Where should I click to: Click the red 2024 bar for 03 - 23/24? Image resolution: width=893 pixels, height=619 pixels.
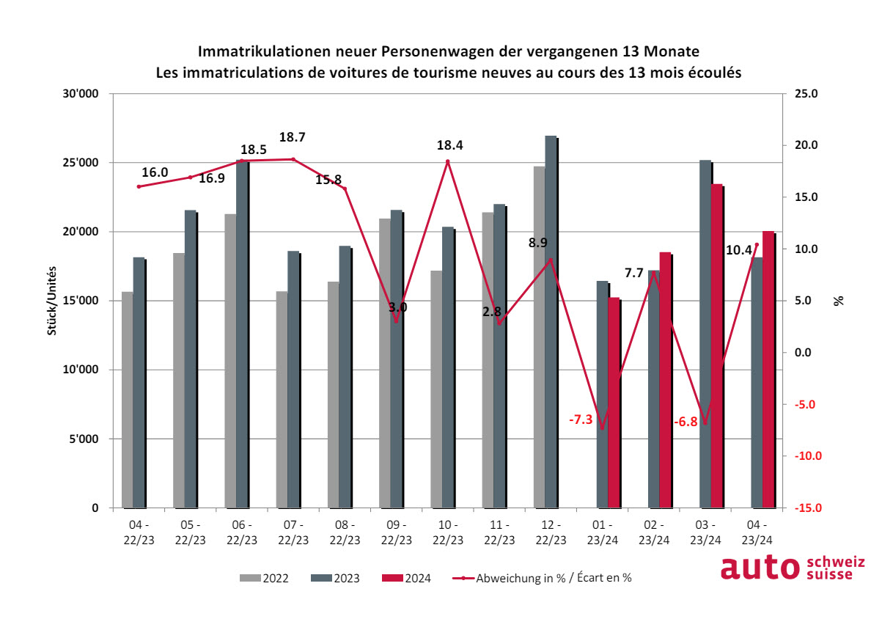tap(717, 345)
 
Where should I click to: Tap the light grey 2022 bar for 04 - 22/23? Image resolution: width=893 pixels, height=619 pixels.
tap(128, 399)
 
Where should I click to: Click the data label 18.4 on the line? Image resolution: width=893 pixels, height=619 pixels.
tap(448, 146)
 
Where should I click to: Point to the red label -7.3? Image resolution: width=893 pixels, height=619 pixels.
tap(581, 420)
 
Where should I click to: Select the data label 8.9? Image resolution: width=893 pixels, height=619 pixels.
tap(538, 242)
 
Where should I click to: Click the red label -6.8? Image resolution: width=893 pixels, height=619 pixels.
tap(686, 422)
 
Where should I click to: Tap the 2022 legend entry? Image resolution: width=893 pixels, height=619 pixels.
tap(265, 578)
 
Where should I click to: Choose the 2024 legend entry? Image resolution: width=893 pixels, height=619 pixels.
tap(407, 578)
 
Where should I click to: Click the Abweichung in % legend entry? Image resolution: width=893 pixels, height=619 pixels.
tap(543, 578)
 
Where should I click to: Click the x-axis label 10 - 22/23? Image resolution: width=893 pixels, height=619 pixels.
tap(448, 532)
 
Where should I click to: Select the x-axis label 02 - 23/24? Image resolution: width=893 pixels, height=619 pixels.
tap(654, 532)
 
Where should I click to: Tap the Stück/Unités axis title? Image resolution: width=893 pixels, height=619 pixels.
tap(52, 301)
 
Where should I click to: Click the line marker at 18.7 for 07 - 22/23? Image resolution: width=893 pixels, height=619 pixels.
tap(293, 159)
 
